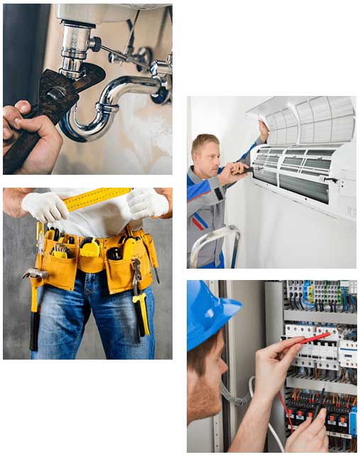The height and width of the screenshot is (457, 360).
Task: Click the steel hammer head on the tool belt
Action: (x=33, y=274)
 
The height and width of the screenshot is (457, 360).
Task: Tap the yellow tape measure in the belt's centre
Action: (x=90, y=249)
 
